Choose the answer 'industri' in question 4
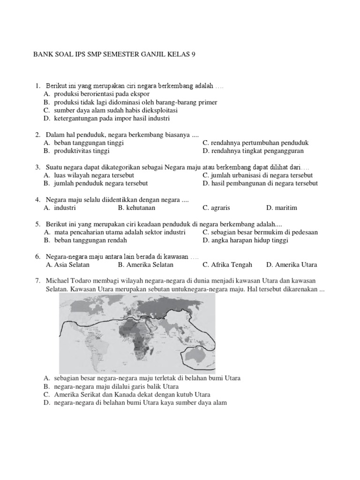65,208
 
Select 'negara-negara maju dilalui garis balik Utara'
120,386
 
